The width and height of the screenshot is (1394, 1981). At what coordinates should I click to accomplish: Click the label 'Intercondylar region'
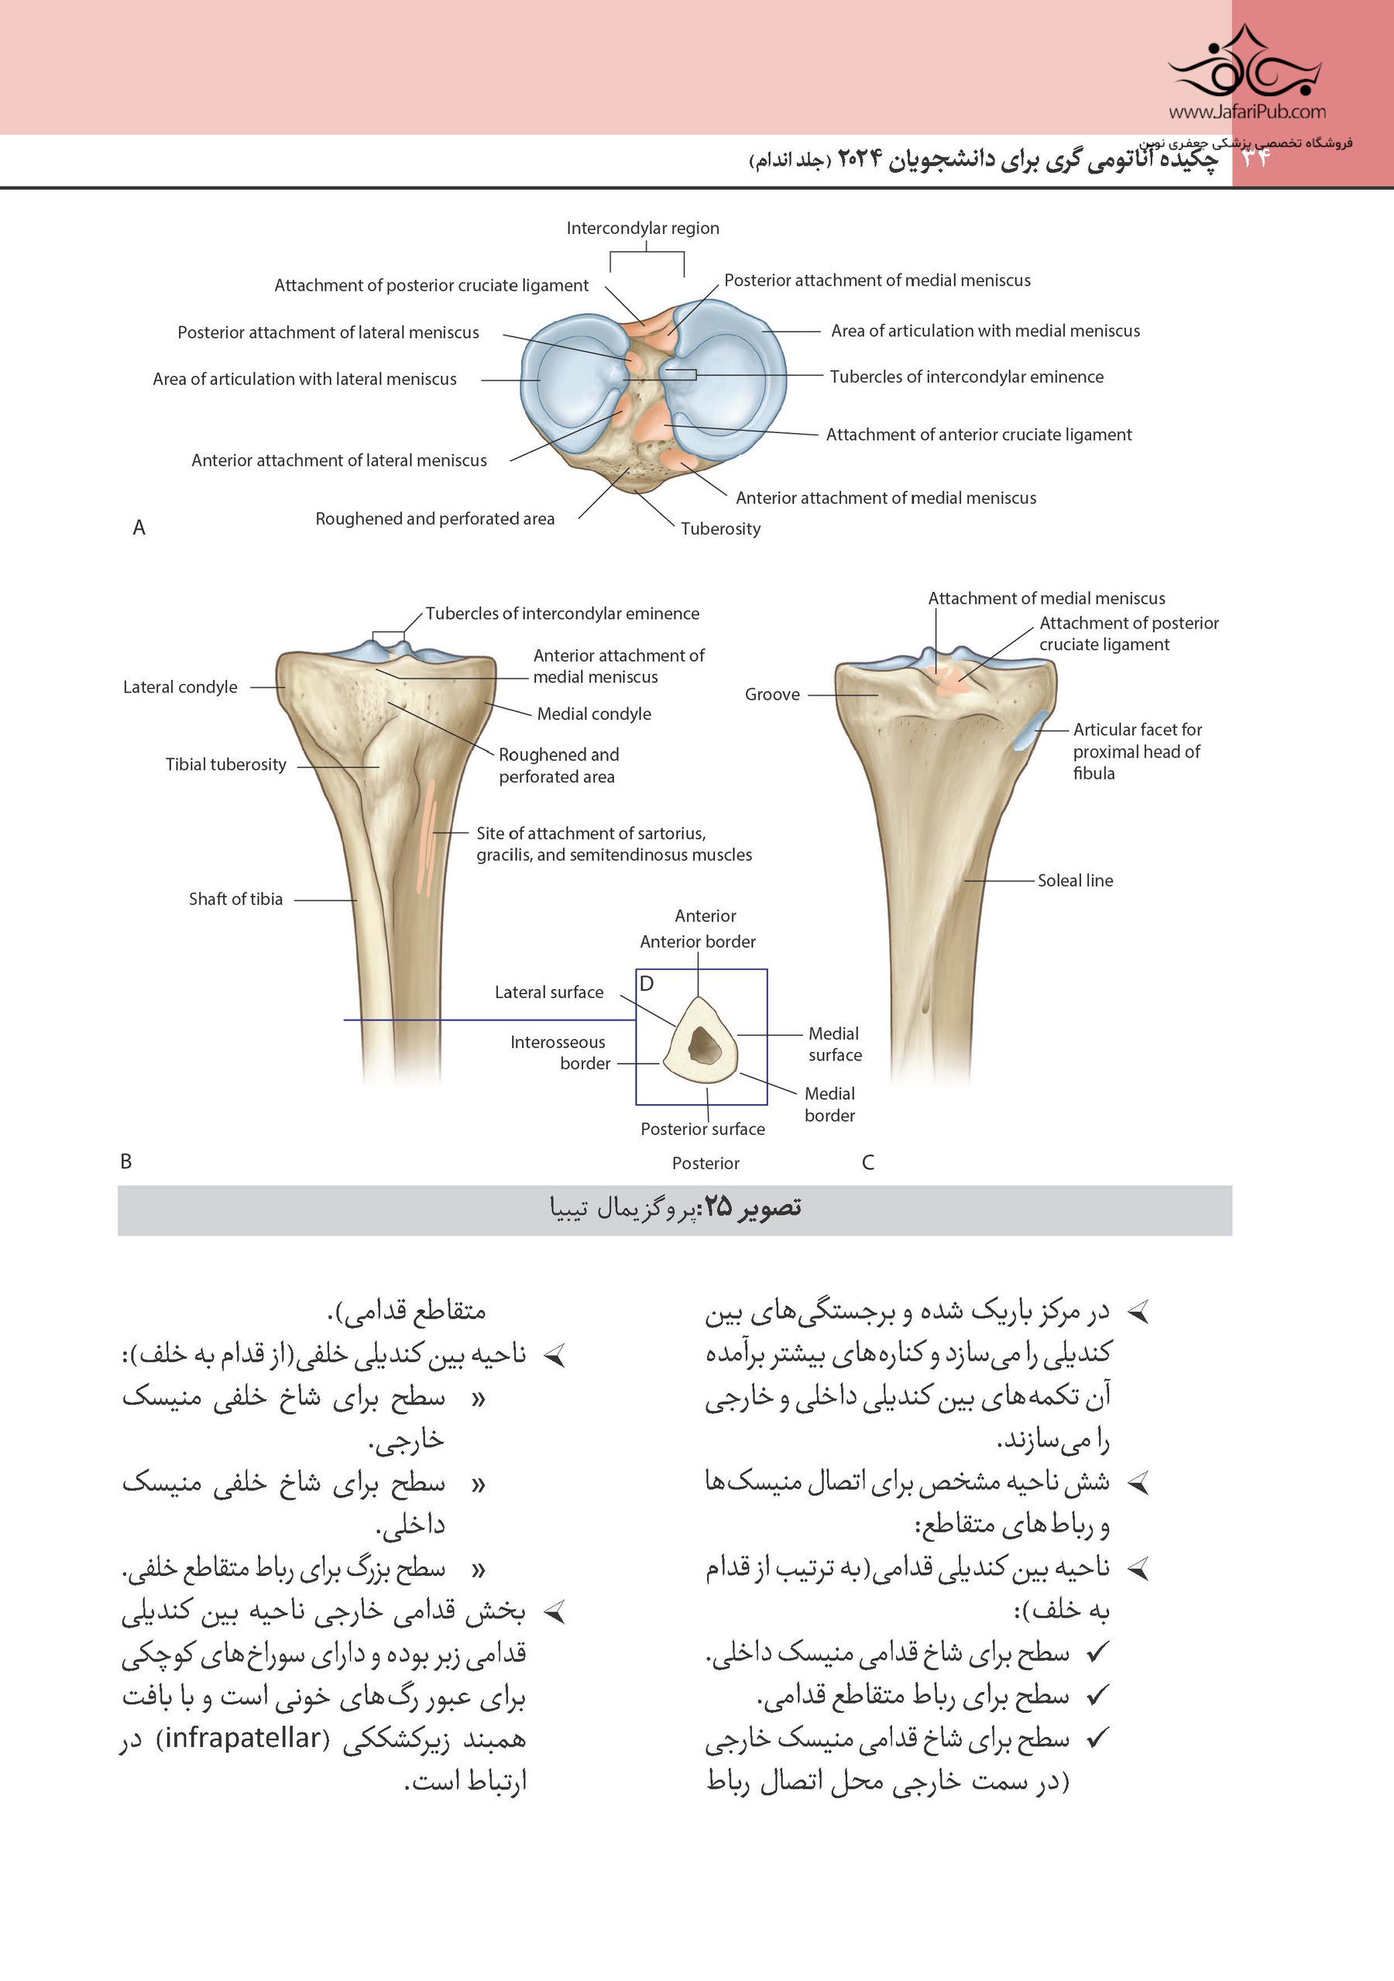point(643,228)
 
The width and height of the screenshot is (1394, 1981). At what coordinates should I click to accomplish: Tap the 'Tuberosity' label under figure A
point(720,529)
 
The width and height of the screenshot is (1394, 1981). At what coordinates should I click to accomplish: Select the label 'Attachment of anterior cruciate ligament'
point(978,435)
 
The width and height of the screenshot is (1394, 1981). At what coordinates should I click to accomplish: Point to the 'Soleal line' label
point(1075,881)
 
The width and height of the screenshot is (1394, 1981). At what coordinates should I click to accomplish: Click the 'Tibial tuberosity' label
point(226,765)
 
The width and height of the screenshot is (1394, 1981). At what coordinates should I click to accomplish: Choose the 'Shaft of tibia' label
point(235,899)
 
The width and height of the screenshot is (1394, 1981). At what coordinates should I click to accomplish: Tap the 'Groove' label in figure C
point(772,695)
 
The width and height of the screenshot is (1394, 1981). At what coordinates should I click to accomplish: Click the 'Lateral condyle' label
point(180,686)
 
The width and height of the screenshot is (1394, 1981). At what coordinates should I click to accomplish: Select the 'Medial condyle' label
point(593,714)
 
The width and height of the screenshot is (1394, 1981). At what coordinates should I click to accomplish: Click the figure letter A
point(139,528)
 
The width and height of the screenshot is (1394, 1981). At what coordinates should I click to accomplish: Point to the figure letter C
point(868,1162)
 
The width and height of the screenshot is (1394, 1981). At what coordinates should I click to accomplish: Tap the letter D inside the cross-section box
point(647,984)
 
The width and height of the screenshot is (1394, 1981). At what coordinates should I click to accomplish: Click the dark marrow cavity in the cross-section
point(704,1046)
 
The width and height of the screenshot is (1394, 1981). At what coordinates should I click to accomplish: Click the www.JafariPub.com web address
point(1247,112)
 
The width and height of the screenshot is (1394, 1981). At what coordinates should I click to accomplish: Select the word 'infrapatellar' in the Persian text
point(242,1738)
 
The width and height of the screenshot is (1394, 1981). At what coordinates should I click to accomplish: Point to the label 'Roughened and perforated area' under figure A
point(434,518)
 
